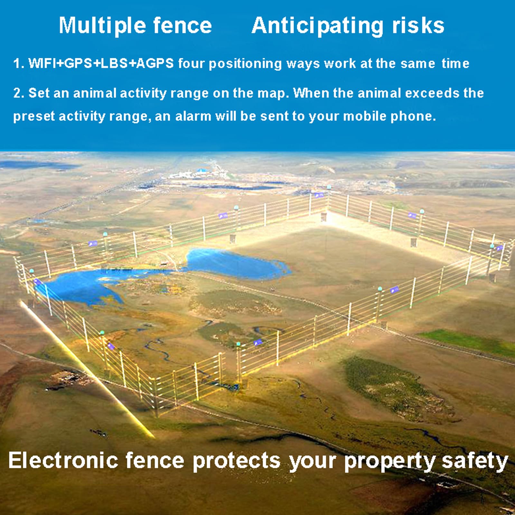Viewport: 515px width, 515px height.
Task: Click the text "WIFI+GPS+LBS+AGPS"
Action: (x=101, y=63)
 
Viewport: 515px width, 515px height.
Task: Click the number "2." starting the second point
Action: (x=18, y=93)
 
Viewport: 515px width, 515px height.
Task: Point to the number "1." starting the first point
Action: (x=19, y=63)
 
